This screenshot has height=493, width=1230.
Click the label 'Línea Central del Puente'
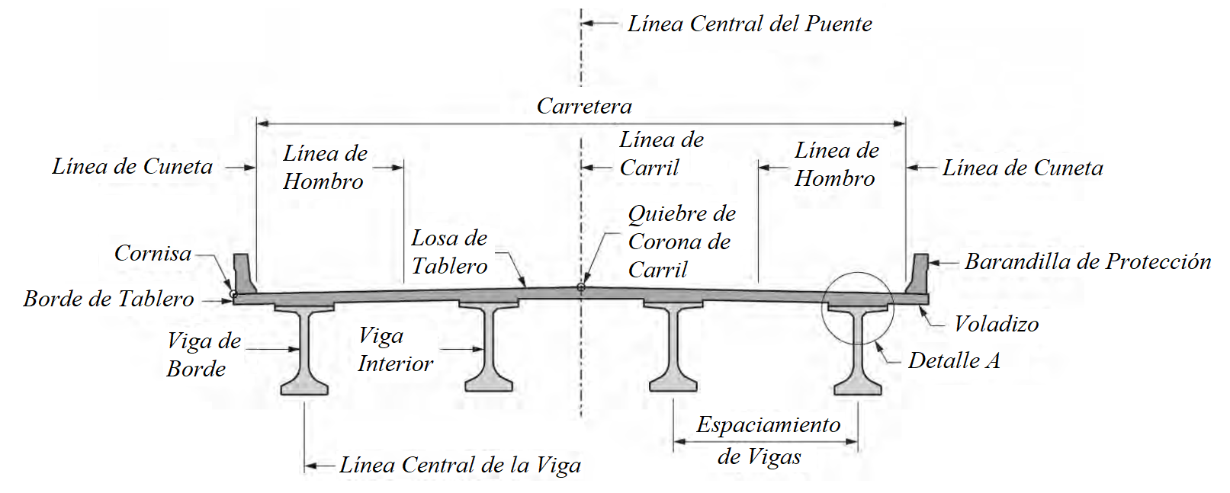[x=749, y=24]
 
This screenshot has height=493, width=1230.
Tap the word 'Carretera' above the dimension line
[x=584, y=106]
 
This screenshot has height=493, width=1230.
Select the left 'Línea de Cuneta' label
[x=132, y=167]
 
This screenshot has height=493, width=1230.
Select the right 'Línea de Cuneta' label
[x=1022, y=168]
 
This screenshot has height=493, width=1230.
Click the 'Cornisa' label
[x=153, y=253]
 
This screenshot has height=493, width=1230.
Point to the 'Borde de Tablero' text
[x=108, y=299]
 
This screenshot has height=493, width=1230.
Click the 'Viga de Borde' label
[x=203, y=355]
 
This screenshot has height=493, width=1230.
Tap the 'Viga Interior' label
[x=395, y=350]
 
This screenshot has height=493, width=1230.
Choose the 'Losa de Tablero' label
[x=449, y=252]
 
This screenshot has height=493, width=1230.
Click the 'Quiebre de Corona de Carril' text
[x=681, y=242]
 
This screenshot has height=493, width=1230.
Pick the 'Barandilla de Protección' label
[x=1087, y=262]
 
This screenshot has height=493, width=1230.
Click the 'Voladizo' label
[x=996, y=325]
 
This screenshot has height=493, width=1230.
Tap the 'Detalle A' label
[x=953, y=361]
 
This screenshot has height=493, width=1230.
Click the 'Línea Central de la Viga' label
[x=460, y=466]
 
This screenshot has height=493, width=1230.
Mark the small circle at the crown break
[x=581, y=287]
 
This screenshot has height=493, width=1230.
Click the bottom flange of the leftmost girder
[x=304, y=386]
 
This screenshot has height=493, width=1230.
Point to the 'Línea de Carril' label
[x=660, y=154]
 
